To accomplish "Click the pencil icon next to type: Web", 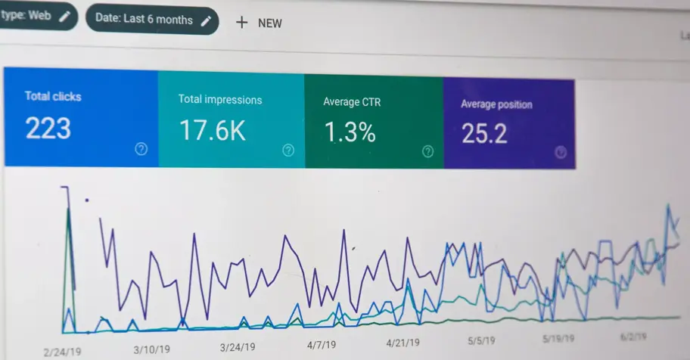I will (64, 15).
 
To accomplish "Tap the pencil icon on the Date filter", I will (206, 20).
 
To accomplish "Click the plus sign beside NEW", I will (241, 23).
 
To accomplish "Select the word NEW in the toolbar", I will (269, 23).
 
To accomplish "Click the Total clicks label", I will (53, 96).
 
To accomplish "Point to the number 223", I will (48, 129).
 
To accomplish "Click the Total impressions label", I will (220, 99).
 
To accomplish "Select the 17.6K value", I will (213, 131).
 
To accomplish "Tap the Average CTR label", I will (351, 101).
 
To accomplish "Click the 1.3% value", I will (350, 132).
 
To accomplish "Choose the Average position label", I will (496, 104).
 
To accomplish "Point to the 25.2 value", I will (485, 134).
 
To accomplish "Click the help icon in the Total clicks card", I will (141, 149).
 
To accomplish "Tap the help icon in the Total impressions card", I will (288, 151).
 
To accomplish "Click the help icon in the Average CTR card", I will (427, 151).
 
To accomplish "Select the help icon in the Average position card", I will (561, 152).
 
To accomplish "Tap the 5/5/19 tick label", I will (481, 340).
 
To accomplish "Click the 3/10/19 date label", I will (153, 349).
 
